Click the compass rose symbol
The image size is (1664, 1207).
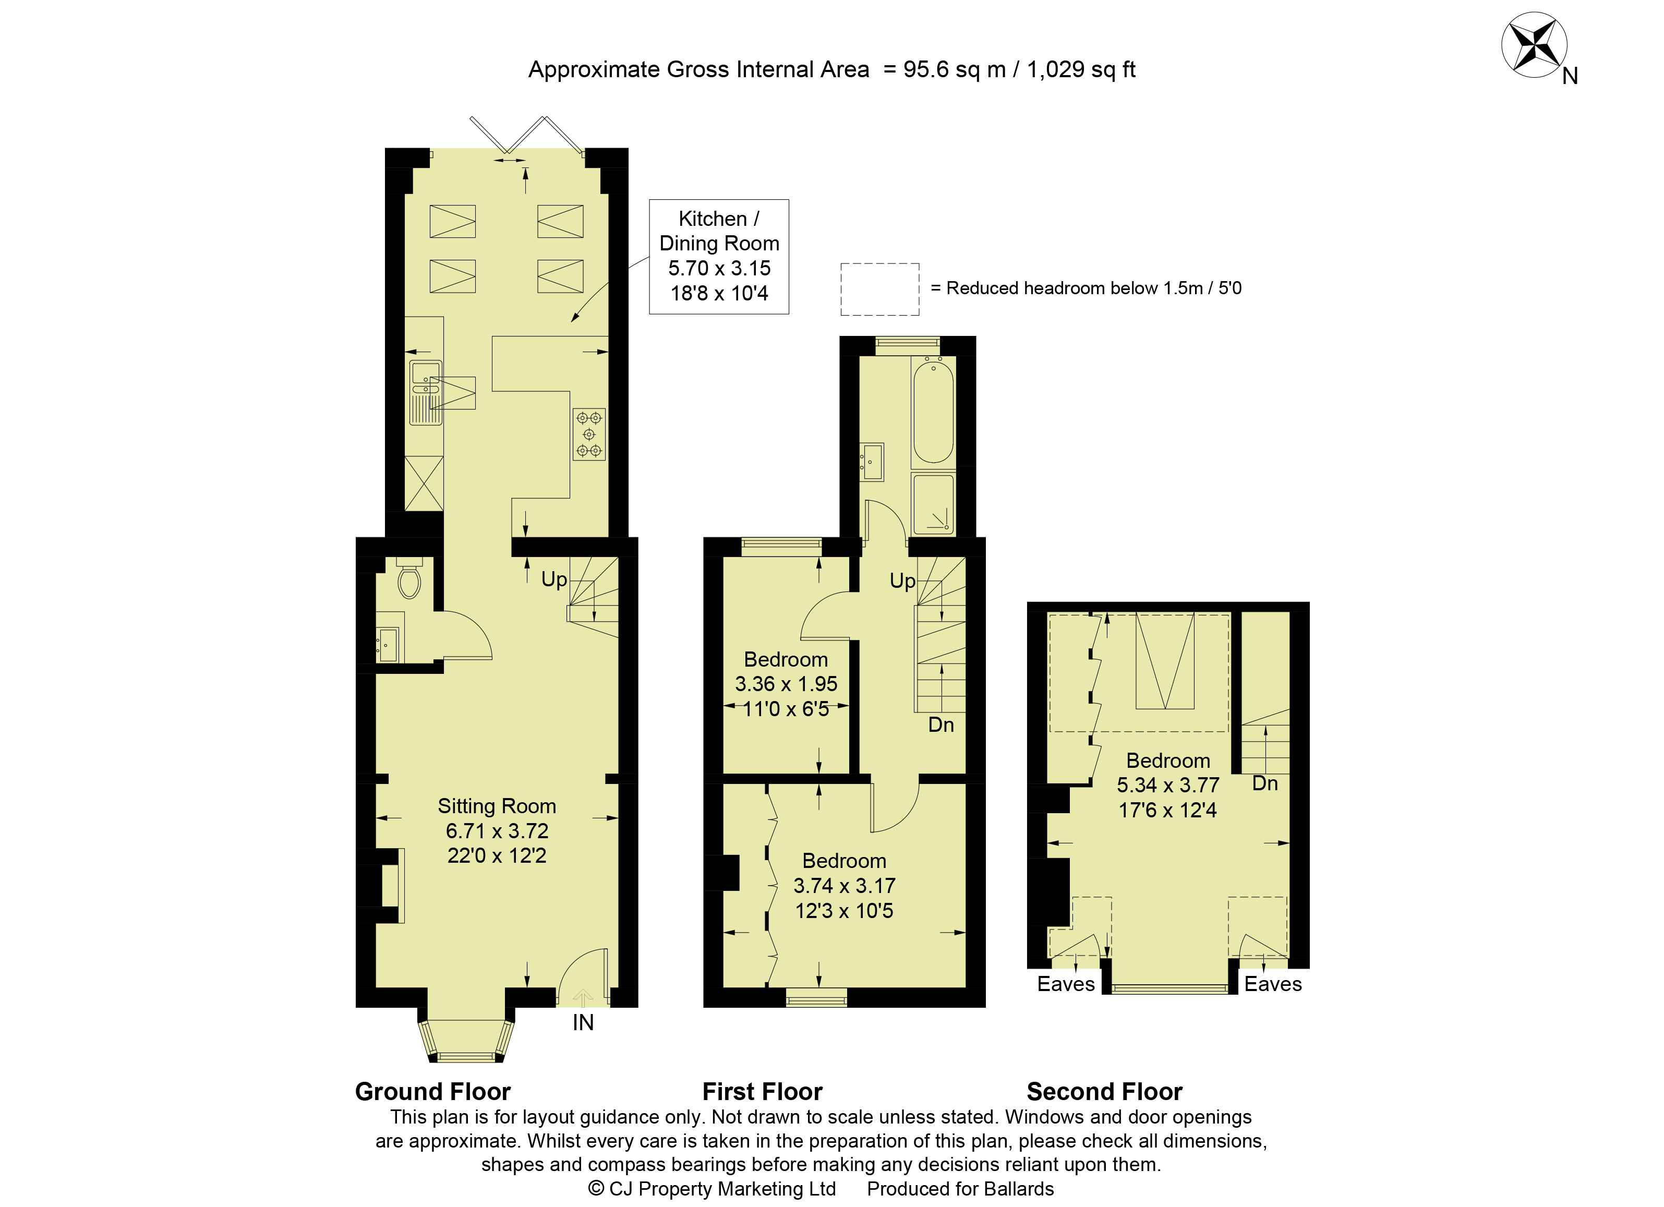click(x=1534, y=45)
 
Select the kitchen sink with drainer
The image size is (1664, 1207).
click(x=426, y=393)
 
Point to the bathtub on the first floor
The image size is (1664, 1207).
click(x=933, y=412)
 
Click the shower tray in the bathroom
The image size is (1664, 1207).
click(x=933, y=504)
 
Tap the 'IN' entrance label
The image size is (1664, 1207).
click(x=583, y=1023)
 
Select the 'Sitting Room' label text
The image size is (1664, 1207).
click(x=497, y=806)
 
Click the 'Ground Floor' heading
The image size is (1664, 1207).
click(x=433, y=1092)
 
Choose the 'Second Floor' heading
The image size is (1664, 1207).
click(x=1104, y=1092)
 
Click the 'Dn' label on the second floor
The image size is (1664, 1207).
click(x=1265, y=783)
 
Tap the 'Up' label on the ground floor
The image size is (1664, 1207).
click(x=554, y=580)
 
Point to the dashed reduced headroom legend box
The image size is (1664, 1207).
click(x=879, y=289)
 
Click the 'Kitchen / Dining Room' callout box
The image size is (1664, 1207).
click(x=719, y=257)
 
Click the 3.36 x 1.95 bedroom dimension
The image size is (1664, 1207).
click(x=786, y=684)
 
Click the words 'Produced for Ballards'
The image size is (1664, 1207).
click(x=960, y=1189)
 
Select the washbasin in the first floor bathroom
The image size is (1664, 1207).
click(x=872, y=462)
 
